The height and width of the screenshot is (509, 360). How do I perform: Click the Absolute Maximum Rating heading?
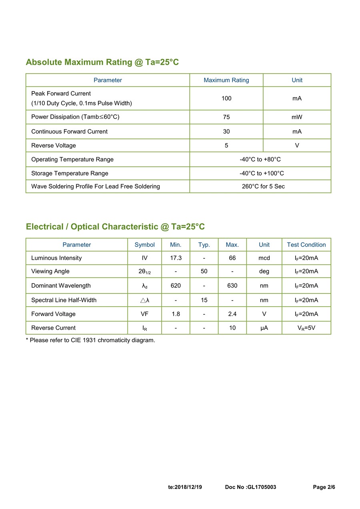[x=102, y=62]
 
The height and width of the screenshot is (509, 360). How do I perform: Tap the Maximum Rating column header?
[x=226, y=80]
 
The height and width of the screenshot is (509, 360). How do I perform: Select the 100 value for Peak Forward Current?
[x=226, y=98]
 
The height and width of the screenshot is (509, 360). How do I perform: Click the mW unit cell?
[x=297, y=117]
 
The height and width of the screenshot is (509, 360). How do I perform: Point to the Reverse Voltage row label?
[x=54, y=146]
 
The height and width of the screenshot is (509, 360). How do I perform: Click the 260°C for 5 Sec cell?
[x=263, y=186]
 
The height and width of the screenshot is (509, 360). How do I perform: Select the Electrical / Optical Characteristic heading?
[x=115, y=227]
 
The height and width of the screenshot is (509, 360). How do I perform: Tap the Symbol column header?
[x=144, y=245]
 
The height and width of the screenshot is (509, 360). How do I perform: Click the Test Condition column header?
[x=306, y=245]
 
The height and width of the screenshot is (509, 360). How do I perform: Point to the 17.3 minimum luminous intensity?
[x=176, y=258]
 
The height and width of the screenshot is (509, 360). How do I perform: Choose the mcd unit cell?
[x=264, y=258]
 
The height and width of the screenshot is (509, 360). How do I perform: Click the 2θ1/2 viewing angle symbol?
[x=144, y=271]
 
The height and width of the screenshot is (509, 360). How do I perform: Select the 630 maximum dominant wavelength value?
[x=232, y=285]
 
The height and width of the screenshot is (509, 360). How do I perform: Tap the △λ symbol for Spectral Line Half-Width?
[x=144, y=300]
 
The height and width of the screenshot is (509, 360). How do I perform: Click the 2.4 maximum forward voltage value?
[x=232, y=314]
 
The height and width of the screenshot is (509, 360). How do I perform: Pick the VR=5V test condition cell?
[x=306, y=328]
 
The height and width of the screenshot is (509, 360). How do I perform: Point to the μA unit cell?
[x=264, y=328]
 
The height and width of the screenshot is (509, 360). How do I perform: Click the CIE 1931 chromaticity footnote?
[x=90, y=340]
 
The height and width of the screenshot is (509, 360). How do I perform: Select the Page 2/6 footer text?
[x=324, y=487]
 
